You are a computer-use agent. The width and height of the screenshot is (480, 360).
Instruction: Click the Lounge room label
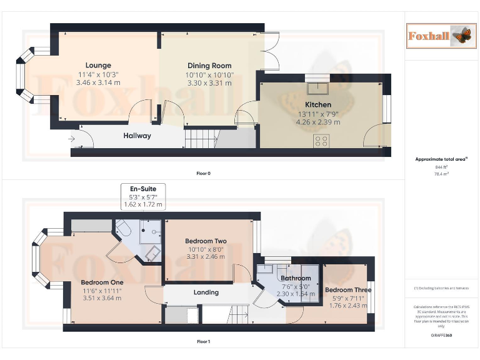pyautogui.click(x=98, y=66)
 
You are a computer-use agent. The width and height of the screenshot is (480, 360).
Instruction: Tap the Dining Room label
pyautogui.click(x=209, y=66)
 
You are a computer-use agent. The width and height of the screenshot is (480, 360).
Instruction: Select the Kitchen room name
pyautogui.click(x=317, y=104)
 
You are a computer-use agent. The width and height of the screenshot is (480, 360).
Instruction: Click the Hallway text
pyautogui.click(x=137, y=136)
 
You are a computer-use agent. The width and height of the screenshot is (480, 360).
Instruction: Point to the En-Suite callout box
pyautogui.click(x=142, y=196)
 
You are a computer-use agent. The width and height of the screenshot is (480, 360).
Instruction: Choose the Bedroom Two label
pyautogui.click(x=206, y=241)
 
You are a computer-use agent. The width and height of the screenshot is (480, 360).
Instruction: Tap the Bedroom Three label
pyautogui.click(x=347, y=290)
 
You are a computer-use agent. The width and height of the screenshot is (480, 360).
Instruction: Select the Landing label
pyautogui.click(x=206, y=292)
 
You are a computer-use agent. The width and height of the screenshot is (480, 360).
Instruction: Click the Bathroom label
pyautogui.click(x=296, y=278)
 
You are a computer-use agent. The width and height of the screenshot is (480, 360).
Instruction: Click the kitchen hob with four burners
pyautogui.click(x=322, y=141)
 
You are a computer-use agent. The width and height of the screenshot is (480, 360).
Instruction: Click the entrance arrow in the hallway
pyautogui.click(x=73, y=138)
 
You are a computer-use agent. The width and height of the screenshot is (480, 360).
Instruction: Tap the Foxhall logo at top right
pyautogui.click(x=437, y=36)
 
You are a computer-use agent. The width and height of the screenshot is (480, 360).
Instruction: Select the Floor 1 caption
pyautogui.click(x=203, y=342)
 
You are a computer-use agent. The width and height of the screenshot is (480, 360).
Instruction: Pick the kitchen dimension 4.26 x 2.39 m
pyautogui.click(x=317, y=122)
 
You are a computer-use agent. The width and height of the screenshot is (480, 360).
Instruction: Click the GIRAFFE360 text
pyautogui.click(x=442, y=336)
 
